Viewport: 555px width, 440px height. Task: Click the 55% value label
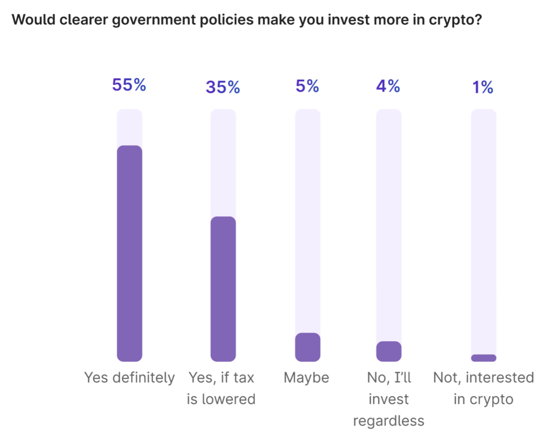point(129,85)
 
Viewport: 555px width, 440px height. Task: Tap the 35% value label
point(222,87)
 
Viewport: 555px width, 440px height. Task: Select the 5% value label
point(307,86)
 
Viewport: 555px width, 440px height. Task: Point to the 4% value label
point(388,86)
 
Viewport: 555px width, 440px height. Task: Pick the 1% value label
point(483,87)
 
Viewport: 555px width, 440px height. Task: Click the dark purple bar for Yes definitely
point(130,253)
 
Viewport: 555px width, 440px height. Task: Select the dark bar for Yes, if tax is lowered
point(223,289)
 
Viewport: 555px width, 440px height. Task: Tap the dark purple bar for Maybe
point(307,347)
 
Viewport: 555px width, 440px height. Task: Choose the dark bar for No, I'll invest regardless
point(389,352)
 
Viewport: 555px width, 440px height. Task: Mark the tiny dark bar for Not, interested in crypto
point(483,358)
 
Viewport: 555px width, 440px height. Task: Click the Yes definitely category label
point(130,378)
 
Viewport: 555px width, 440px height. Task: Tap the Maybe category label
point(306,378)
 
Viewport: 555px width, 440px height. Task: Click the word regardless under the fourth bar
point(388,421)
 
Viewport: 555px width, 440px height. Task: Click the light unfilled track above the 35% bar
point(223,163)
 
